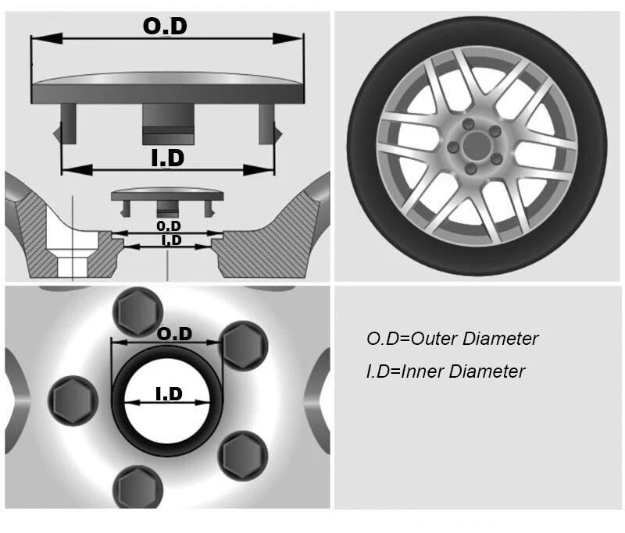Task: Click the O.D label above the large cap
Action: click(165, 26)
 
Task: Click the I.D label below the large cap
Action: click(166, 158)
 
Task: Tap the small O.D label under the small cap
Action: click(168, 225)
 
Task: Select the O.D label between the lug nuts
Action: click(174, 333)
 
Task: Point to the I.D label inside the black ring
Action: click(169, 394)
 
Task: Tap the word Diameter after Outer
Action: click(501, 339)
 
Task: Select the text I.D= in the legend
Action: click(383, 371)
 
